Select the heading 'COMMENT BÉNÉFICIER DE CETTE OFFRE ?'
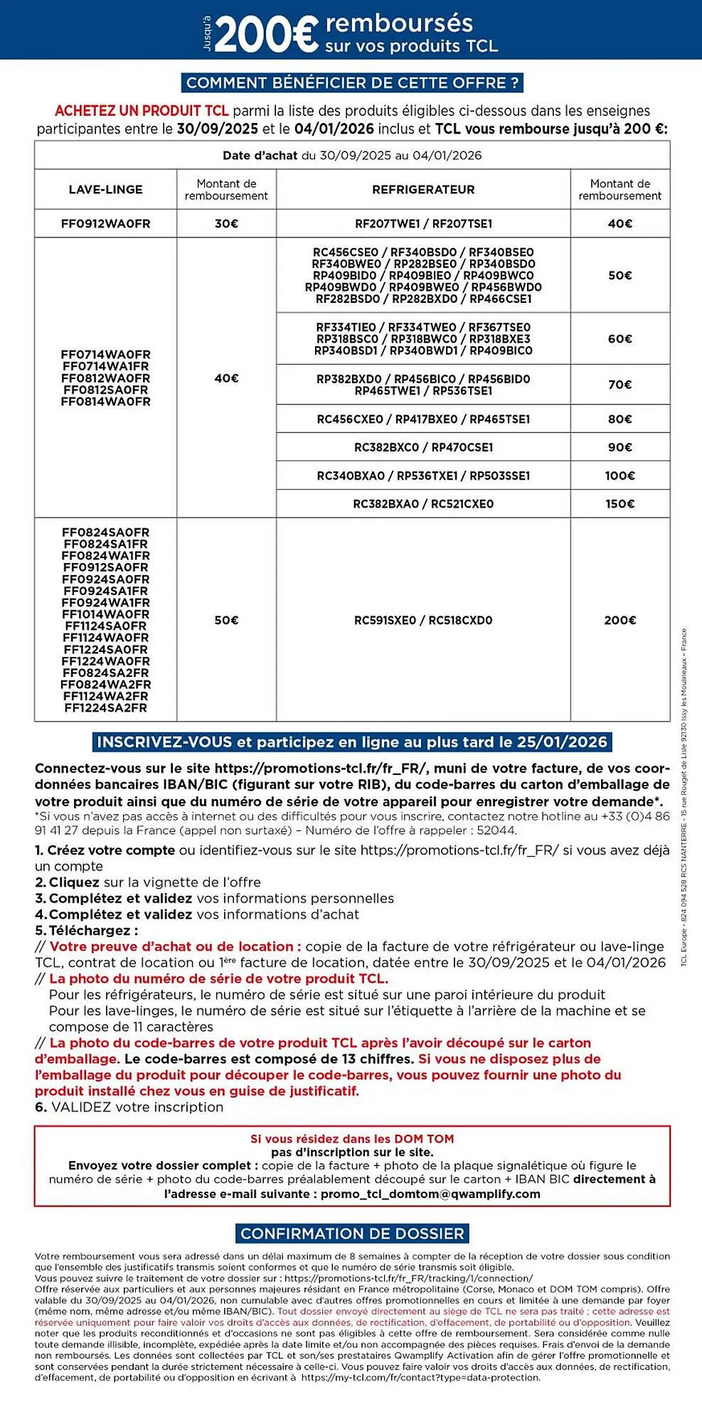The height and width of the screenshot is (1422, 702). (x=352, y=83)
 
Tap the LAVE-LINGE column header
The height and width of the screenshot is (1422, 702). (x=105, y=190)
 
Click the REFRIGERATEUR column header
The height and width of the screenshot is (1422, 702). (x=423, y=190)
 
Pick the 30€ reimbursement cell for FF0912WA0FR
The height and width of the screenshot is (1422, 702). (x=226, y=224)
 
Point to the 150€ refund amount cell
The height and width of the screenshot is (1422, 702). (x=619, y=504)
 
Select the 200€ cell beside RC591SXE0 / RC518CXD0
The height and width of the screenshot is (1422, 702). (x=619, y=621)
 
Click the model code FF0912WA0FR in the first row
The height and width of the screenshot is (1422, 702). (x=105, y=224)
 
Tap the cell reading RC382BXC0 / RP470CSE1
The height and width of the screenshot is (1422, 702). (x=423, y=448)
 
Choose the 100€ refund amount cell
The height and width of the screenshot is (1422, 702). (x=619, y=476)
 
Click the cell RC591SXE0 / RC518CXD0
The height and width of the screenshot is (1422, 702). (x=423, y=621)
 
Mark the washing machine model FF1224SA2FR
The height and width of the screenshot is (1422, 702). (x=105, y=708)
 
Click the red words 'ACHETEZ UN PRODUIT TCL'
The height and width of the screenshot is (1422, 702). (x=142, y=111)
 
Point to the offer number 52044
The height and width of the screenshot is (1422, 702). (x=496, y=830)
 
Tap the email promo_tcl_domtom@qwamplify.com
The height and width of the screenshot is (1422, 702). (x=430, y=1194)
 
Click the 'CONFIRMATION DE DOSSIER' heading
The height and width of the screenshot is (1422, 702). (x=352, y=1234)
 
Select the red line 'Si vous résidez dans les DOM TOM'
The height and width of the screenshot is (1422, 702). (x=352, y=1139)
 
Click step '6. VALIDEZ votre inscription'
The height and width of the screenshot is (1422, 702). (x=129, y=1107)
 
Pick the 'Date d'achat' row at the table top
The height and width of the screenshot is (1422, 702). (x=352, y=156)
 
